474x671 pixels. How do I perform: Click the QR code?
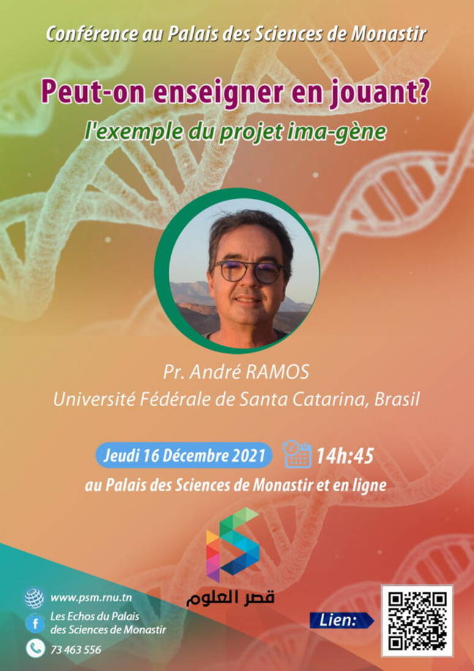(417, 620)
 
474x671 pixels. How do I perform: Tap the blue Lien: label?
(341, 620)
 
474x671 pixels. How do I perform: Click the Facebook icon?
(35, 623)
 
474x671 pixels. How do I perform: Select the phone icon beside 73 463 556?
(35, 649)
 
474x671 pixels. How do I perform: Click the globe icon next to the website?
(34, 598)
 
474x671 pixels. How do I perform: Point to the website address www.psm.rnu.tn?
(91, 598)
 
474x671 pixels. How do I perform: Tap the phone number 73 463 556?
(76, 650)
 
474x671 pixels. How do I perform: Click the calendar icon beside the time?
(297, 454)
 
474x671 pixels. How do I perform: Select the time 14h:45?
(345, 456)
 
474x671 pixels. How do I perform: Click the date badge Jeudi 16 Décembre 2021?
(184, 455)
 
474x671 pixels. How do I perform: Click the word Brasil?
(396, 399)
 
